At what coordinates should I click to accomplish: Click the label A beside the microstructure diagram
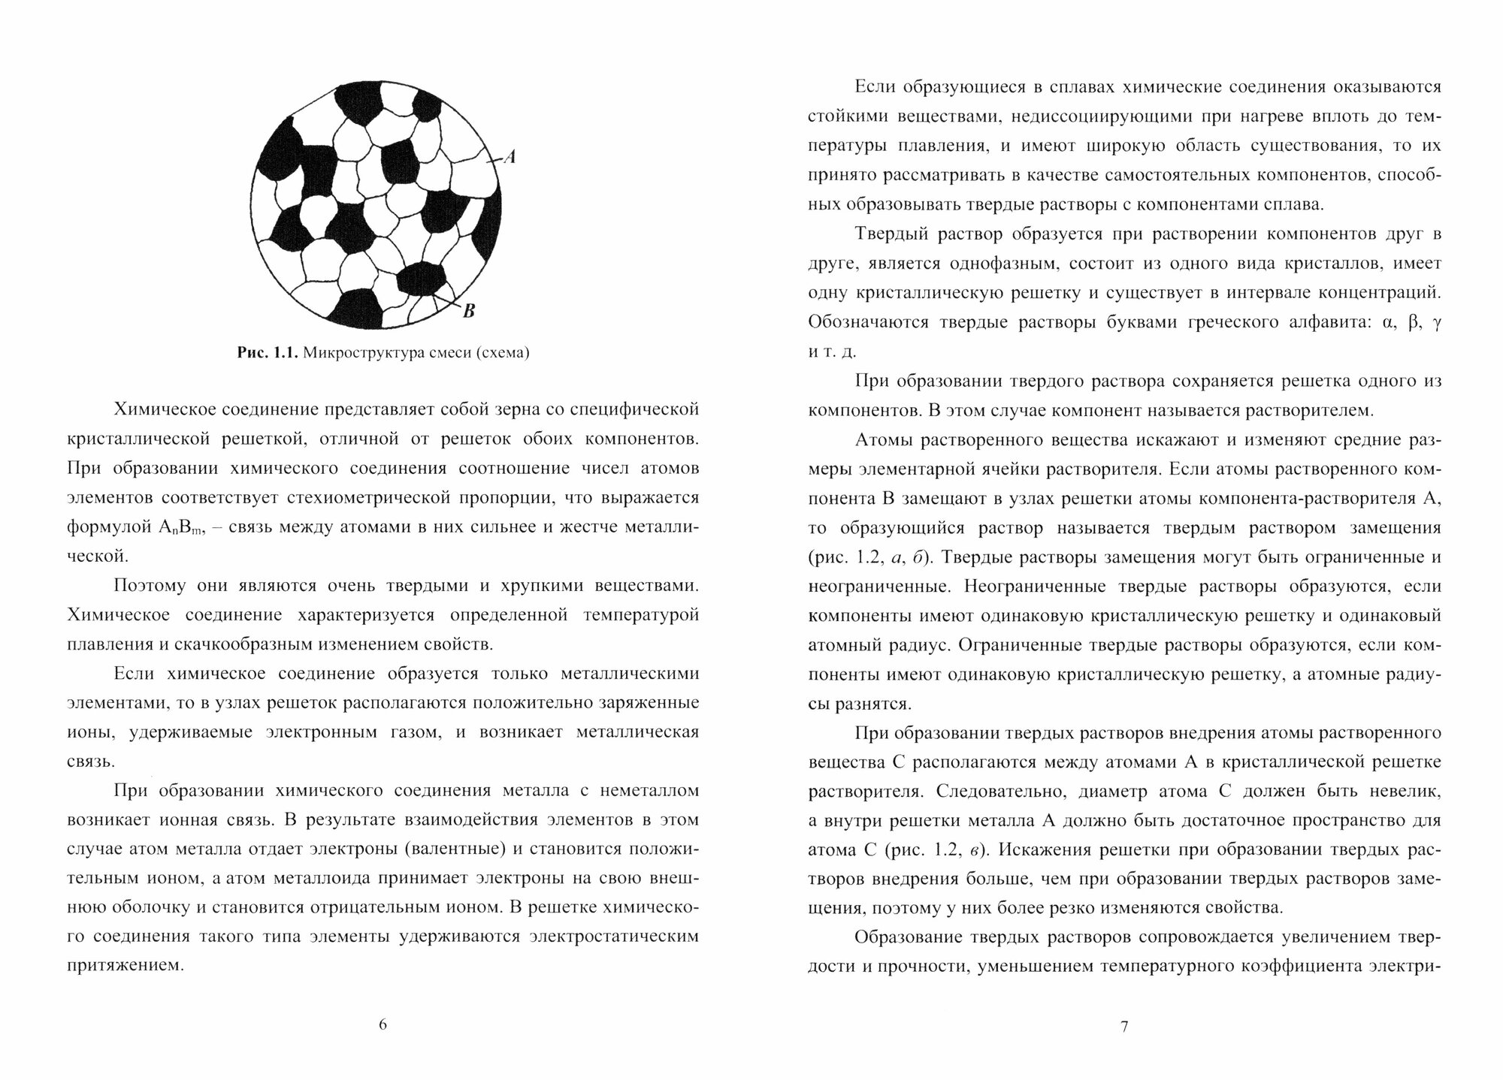click(509, 157)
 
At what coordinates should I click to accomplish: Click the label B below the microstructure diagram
click(468, 310)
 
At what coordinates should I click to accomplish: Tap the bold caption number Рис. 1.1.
click(268, 353)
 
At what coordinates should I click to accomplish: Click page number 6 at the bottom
click(383, 1024)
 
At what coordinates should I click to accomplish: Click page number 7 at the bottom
click(1124, 1027)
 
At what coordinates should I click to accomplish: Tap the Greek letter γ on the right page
click(1435, 323)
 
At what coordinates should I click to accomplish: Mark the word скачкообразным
click(251, 644)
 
